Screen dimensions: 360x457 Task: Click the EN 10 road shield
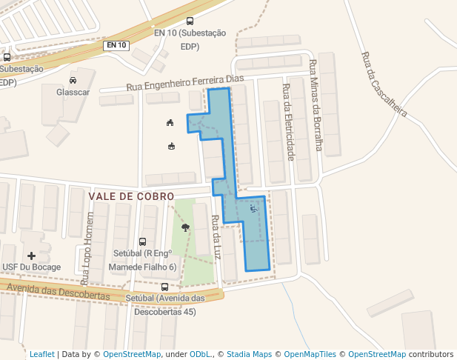117,45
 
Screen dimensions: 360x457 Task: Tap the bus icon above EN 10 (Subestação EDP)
190,21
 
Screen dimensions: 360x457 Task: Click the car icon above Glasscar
73,80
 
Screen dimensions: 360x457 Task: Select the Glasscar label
73,93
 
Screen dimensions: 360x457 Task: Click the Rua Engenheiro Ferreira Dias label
185,82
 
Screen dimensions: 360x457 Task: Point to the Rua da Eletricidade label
289,122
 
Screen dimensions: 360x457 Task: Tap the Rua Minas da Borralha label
316,104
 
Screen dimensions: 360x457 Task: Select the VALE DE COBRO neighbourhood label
131,196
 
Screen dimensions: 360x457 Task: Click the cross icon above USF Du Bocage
31,256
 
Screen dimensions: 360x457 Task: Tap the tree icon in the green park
185,227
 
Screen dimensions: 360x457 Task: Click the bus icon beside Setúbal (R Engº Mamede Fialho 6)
142,241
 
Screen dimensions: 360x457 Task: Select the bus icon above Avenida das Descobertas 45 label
164,287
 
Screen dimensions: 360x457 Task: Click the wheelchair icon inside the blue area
254,209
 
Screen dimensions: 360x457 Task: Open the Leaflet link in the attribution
41,354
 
